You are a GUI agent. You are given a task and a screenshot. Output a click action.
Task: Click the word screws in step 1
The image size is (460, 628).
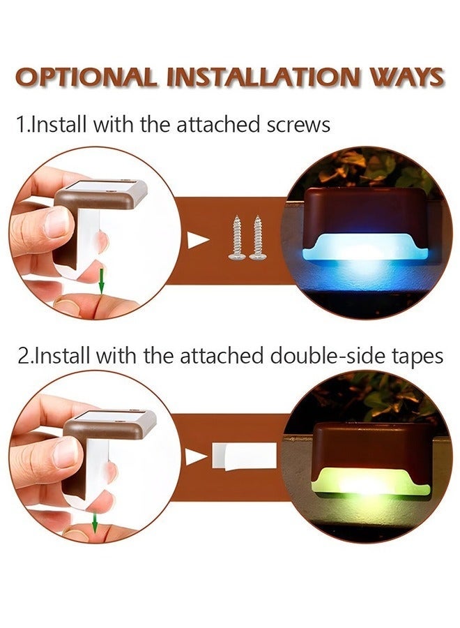[x=298, y=125]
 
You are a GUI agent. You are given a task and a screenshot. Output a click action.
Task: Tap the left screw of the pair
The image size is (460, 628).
[x=236, y=238]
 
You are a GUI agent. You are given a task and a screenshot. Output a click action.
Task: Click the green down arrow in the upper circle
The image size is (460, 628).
[x=102, y=281]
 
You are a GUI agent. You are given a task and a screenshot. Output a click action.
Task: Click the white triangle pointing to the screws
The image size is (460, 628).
[x=196, y=239]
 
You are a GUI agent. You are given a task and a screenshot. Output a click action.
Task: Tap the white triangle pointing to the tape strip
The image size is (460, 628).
[x=196, y=457]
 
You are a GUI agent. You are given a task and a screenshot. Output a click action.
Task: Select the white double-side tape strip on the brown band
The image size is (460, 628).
[x=245, y=456]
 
